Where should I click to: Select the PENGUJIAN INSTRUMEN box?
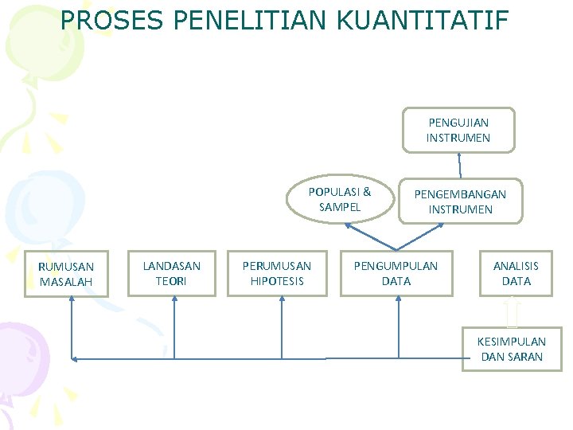coord(458,130)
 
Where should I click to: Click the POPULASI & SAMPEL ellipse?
coord(340,199)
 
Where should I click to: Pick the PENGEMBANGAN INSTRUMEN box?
coord(461,201)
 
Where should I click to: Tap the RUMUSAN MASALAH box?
coord(66,274)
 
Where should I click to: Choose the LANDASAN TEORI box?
coord(171,273)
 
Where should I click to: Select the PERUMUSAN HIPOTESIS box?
coord(277,273)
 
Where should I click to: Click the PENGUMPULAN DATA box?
coord(396,273)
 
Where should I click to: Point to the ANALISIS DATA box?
coord(516,273)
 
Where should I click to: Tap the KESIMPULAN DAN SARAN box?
coord(512,349)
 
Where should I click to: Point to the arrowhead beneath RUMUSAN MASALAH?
coord(72,300)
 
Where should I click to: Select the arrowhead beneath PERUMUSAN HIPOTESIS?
coord(281,300)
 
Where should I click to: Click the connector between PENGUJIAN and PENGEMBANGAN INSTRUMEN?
coord(460,165)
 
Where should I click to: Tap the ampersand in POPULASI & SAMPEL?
coord(367,192)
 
